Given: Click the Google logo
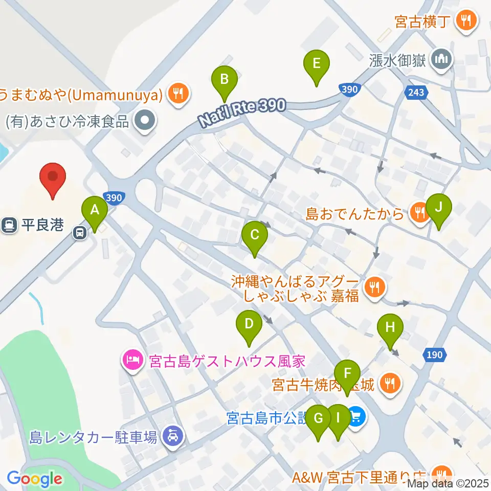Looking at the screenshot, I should point(34,479).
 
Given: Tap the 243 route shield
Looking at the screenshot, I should point(416,92).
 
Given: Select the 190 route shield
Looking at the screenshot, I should point(435,354).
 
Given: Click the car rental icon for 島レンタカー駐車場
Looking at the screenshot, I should point(170,436).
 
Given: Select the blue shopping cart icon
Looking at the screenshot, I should point(356,417).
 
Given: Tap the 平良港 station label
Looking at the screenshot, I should point(43,225).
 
